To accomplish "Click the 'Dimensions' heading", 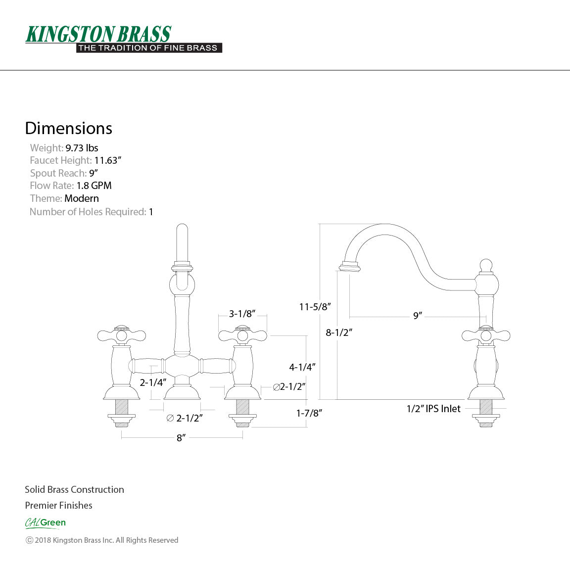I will (68, 128).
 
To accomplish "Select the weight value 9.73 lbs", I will (82, 148).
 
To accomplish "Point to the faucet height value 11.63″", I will (108, 160).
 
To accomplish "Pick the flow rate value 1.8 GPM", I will (94, 186).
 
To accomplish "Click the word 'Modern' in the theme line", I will (82, 198).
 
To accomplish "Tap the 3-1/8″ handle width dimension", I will (242, 314).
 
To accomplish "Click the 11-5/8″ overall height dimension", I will (315, 307).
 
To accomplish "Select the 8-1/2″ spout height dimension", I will (339, 332).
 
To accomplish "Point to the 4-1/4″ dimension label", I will (302, 367).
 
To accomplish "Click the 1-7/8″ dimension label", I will (309, 413).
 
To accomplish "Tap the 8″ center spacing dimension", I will (181, 438).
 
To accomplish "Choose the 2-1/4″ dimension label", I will (153, 382).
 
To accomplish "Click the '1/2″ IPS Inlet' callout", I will (433, 409).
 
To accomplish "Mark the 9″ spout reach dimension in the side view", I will (418, 316).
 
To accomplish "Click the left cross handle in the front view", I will (121, 336).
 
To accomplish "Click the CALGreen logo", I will (45, 522).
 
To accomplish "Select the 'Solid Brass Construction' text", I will (74, 489).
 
